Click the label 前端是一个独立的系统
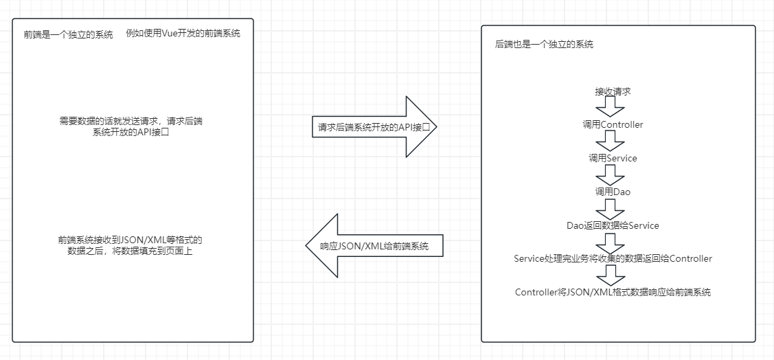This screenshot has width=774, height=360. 68,34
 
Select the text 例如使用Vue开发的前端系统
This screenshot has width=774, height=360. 183,33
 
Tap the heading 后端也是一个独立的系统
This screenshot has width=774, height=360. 544,44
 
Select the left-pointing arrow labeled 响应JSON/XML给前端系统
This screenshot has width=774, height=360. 374,246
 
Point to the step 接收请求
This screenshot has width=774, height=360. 613,91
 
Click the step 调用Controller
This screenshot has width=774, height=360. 613,125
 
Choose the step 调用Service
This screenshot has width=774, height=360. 613,158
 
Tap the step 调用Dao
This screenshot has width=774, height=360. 613,192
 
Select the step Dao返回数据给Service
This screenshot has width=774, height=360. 613,225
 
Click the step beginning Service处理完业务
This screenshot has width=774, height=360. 613,258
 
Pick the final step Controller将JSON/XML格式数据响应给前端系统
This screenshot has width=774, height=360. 613,292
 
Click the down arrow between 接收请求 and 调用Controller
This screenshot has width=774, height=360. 610,108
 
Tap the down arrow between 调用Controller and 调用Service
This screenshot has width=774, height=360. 610,141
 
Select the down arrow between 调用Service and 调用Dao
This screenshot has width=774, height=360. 610,175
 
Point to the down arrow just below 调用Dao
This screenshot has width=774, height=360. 610,208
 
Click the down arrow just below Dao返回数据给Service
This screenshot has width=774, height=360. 610,242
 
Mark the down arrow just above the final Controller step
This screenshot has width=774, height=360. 610,275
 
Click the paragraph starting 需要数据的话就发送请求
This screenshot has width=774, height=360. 130,126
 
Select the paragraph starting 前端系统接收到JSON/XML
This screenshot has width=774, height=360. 130,246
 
